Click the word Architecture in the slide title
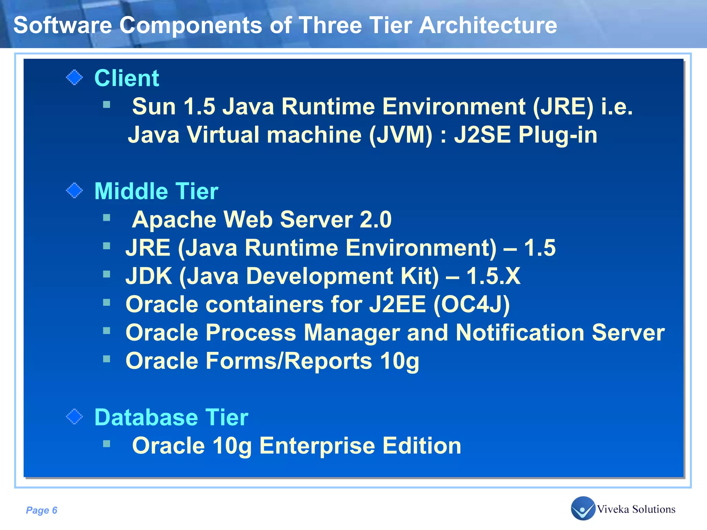[x=488, y=25]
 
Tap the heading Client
[x=126, y=78]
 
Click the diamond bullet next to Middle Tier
[x=74, y=191]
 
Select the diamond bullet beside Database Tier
[x=74, y=417]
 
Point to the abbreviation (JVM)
[x=400, y=135]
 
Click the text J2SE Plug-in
[x=525, y=135]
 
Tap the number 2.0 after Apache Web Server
[x=376, y=219]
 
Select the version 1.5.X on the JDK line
[x=493, y=276]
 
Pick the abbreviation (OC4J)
[x=472, y=304]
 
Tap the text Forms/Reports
[x=289, y=361]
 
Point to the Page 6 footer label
[x=41, y=510]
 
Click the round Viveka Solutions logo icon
[x=583, y=508]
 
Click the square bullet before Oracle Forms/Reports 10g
[x=107, y=359]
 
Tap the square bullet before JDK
[x=107, y=274]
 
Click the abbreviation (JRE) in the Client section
[x=563, y=106]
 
